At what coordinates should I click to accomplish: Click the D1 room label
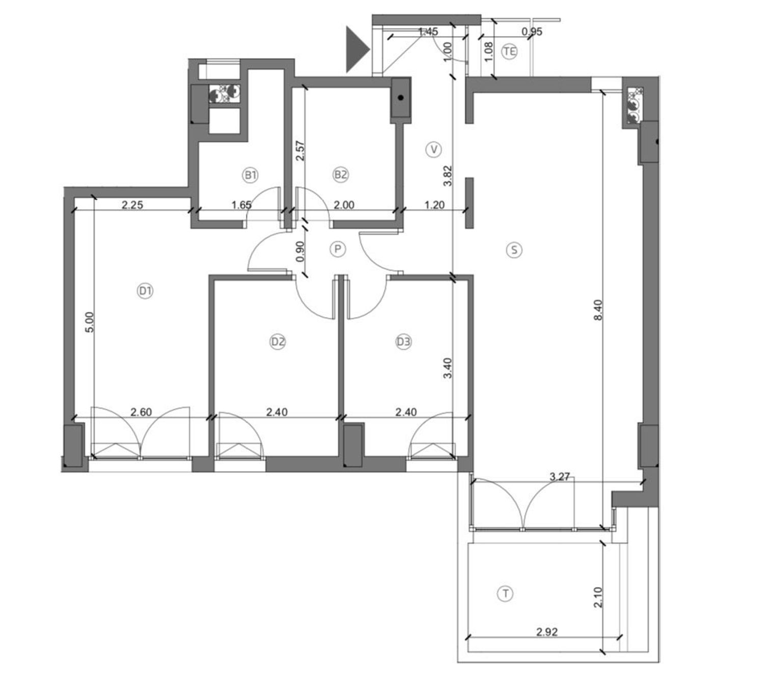tap(145, 291)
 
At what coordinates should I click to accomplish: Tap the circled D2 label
tap(278, 342)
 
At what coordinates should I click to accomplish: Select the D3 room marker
tap(404, 342)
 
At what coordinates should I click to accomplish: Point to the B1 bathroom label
tap(250, 175)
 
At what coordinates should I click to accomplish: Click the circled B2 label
tap(340, 175)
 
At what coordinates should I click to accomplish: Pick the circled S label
tap(514, 250)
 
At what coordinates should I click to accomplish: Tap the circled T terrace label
tap(505, 593)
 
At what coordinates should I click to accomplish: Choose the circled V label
tap(433, 149)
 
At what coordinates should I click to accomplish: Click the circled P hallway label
tap(338, 250)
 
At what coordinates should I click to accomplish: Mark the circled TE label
tap(509, 51)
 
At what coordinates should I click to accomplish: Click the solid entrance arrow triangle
tap(357, 49)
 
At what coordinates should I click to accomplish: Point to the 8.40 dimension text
tap(598, 310)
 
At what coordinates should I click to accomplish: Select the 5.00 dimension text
tap(89, 322)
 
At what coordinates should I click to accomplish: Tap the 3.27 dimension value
tap(560, 477)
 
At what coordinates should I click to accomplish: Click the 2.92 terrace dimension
tap(547, 632)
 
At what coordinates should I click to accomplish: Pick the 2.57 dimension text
tap(300, 150)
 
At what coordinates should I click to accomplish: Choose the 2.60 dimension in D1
tap(141, 412)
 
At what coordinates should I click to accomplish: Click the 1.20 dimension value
tap(434, 205)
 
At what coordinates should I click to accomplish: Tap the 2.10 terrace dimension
tap(597, 597)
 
